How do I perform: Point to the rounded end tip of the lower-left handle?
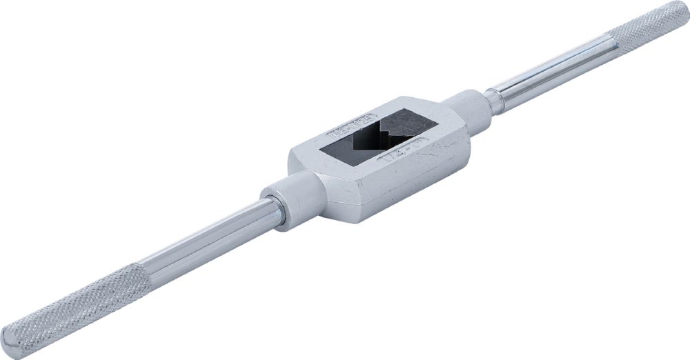point(10,343)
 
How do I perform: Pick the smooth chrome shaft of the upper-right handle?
point(552,72)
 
